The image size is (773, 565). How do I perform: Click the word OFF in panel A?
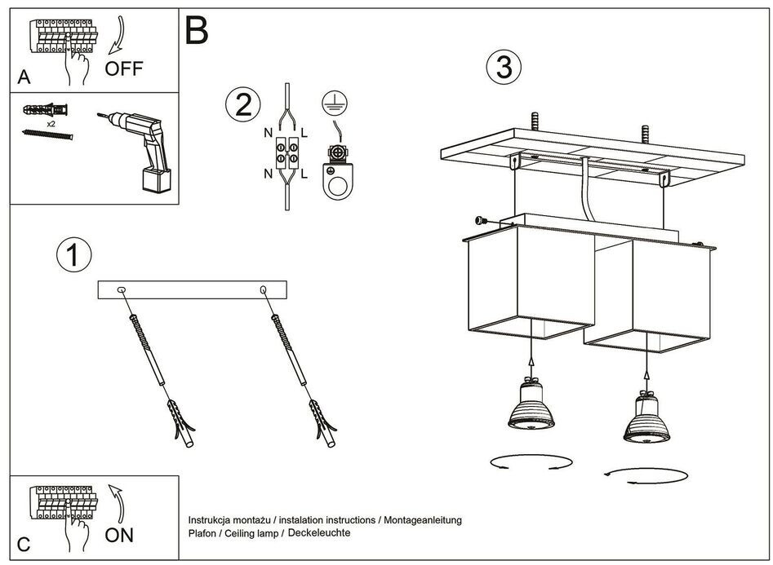coord(123,68)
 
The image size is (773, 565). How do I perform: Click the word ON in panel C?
coord(119,536)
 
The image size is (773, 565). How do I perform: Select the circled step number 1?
coord(73,255)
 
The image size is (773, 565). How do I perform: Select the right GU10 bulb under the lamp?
coord(646,414)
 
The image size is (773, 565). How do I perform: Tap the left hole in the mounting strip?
coord(122,289)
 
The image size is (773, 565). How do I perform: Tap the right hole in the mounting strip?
coord(263,289)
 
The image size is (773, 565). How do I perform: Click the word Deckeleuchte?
coord(318,532)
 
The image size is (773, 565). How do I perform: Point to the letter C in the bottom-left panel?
coord(24,544)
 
